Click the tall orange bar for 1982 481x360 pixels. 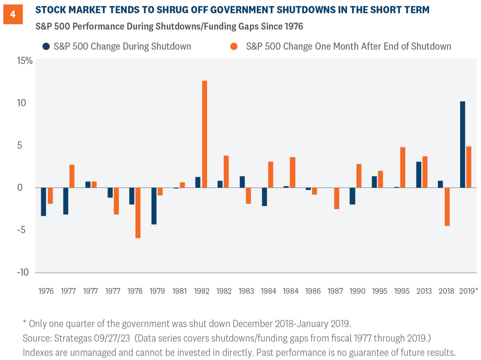[204, 134]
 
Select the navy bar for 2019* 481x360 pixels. [463, 144]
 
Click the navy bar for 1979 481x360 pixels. [154, 206]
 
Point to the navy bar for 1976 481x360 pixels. [44, 202]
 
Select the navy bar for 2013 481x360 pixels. [418, 175]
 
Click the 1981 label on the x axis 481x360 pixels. [179, 290]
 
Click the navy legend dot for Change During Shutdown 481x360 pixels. [45, 46]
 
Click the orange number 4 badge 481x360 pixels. [13, 15]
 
